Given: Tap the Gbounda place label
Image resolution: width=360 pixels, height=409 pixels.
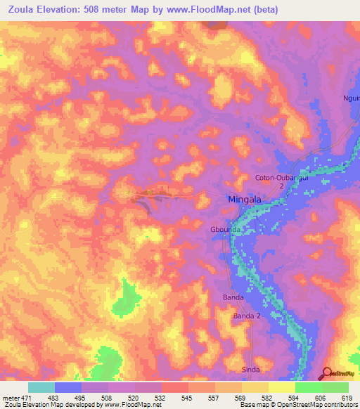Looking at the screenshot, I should pyautogui.click(x=226, y=230).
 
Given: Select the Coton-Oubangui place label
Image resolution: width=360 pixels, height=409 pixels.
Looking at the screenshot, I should pyautogui.click(x=279, y=178).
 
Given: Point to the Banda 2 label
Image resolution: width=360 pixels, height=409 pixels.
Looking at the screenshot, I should pyautogui.click(x=247, y=317).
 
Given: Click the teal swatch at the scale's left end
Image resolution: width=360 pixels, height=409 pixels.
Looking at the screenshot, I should pyautogui.click(x=41, y=387).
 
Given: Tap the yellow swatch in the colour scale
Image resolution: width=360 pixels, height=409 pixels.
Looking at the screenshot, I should pyautogui.click(x=281, y=387).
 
